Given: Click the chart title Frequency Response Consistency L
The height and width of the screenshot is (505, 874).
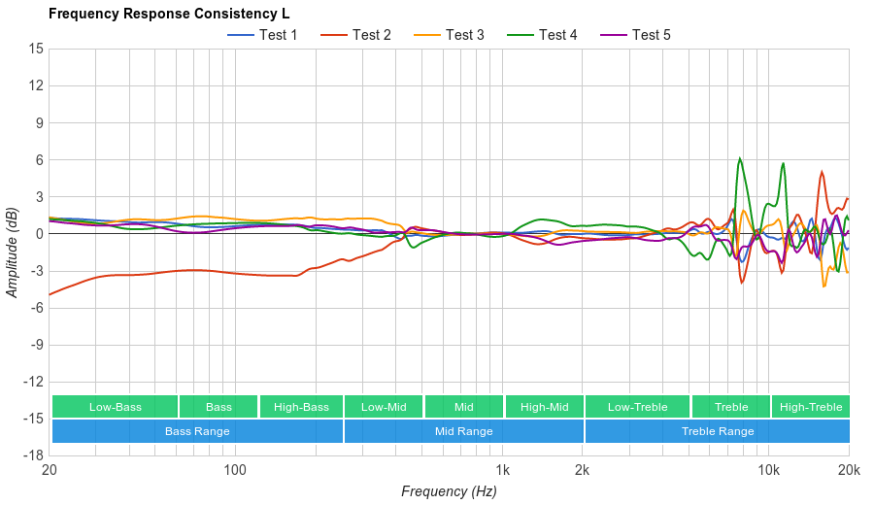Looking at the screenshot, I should (168, 14).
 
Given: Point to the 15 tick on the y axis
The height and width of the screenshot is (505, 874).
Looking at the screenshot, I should (36, 49).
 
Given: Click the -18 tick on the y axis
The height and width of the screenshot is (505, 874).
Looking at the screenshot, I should (34, 454).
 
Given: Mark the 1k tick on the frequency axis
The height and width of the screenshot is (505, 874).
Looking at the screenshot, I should (502, 471).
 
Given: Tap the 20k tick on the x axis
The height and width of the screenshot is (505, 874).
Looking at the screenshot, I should (848, 471).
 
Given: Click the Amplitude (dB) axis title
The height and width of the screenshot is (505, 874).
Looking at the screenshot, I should (13, 252).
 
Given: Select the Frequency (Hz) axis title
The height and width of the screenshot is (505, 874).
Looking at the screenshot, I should (449, 491).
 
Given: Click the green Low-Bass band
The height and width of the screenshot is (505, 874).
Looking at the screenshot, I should (115, 407).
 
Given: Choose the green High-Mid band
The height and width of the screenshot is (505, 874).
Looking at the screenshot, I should (544, 407).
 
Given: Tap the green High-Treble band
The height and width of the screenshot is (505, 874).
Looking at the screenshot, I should (811, 407).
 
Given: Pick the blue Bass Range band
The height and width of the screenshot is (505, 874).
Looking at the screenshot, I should (197, 431).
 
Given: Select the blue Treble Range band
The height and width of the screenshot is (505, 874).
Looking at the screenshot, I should (717, 431).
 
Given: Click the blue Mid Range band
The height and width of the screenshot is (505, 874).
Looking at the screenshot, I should (463, 431).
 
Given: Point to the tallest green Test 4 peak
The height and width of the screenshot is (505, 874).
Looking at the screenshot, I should (740, 158).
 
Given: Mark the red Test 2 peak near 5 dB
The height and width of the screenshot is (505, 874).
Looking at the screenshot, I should (822, 172).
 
